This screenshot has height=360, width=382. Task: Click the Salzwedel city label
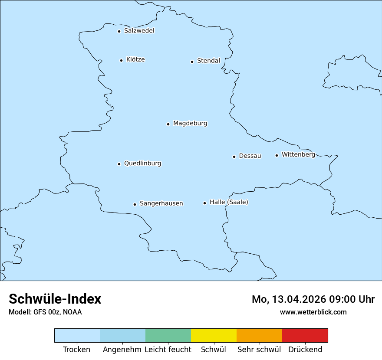[139, 31]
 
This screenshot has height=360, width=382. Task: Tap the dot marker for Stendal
[192, 62]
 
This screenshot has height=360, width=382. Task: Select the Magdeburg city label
[190, 124]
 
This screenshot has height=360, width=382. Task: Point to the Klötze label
[135, 59]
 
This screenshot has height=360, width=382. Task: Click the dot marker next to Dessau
[234, 157]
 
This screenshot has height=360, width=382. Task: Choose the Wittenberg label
[298, 155]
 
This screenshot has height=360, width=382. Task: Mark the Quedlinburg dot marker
[119, 164]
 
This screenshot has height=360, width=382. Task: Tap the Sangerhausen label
[161, 203]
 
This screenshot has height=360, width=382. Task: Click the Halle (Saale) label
[229, 202]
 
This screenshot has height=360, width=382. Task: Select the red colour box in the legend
[305, 335]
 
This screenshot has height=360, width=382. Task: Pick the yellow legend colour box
[214, 335]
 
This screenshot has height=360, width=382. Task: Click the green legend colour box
[168, 335]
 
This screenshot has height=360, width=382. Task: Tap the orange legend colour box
[259, 335]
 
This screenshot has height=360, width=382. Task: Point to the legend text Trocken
[77, 350]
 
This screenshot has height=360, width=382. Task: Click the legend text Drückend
[305, 350]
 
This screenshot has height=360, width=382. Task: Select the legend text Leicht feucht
[168, 350]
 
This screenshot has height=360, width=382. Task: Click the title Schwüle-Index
[55, 299]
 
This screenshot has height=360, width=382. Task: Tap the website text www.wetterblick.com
[313, 312]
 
